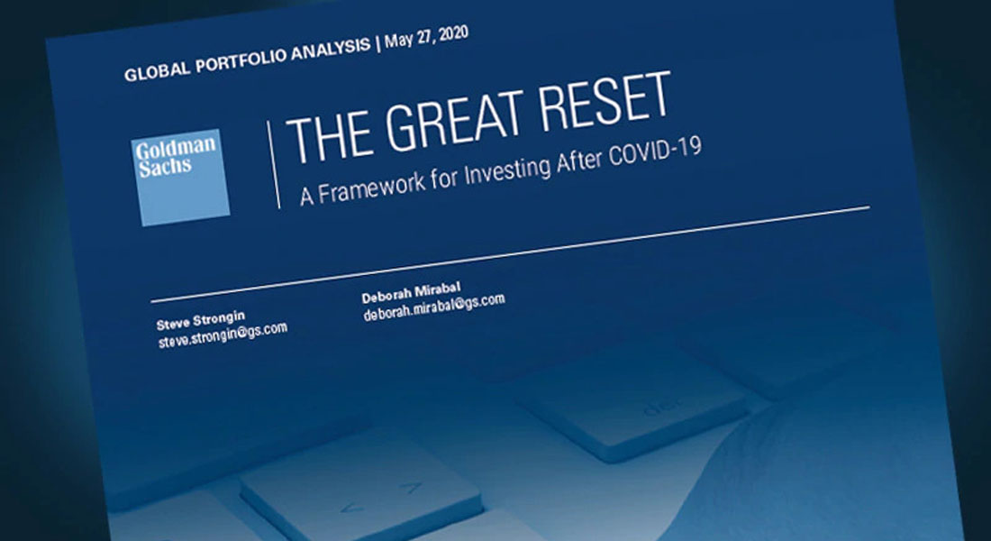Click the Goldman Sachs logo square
[x=181, y=178]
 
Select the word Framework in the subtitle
[x=372, y=185]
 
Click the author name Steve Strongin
[x=200, y=319]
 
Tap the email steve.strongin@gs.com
[x=223, y=335]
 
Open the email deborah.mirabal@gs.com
[x=434, y=307]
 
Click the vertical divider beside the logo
[x=273, y=164]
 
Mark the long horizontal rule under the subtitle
[x=511, y=253]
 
